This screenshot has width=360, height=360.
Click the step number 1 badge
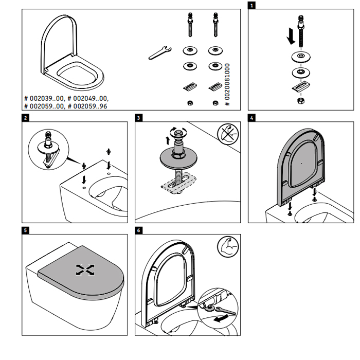click(x=251, y=6)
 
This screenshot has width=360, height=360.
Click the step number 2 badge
click(x=26, y=118)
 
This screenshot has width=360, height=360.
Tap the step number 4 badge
click(x=251, y=118)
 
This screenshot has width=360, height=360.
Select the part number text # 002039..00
click(x=44, y=98)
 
